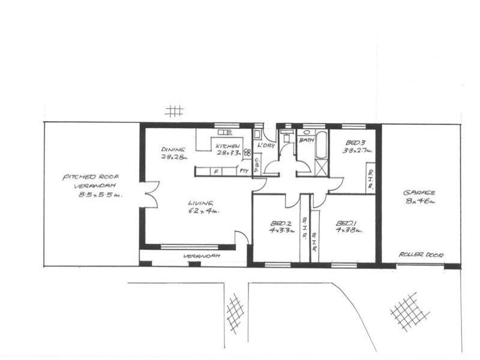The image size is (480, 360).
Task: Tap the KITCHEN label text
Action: [228, 146]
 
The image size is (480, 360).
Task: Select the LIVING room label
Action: [200, 202]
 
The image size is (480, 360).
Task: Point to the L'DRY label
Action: [265, 146]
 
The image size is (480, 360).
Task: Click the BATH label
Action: [307, 140]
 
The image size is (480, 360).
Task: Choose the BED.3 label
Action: [356, 142]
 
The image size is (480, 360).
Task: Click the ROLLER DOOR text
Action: [422, 254]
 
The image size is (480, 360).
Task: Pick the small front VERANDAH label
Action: [202, 256]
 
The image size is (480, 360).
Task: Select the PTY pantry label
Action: [244, 172]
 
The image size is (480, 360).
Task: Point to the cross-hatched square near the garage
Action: [410, 311]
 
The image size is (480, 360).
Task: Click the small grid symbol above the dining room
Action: [174, 111]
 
